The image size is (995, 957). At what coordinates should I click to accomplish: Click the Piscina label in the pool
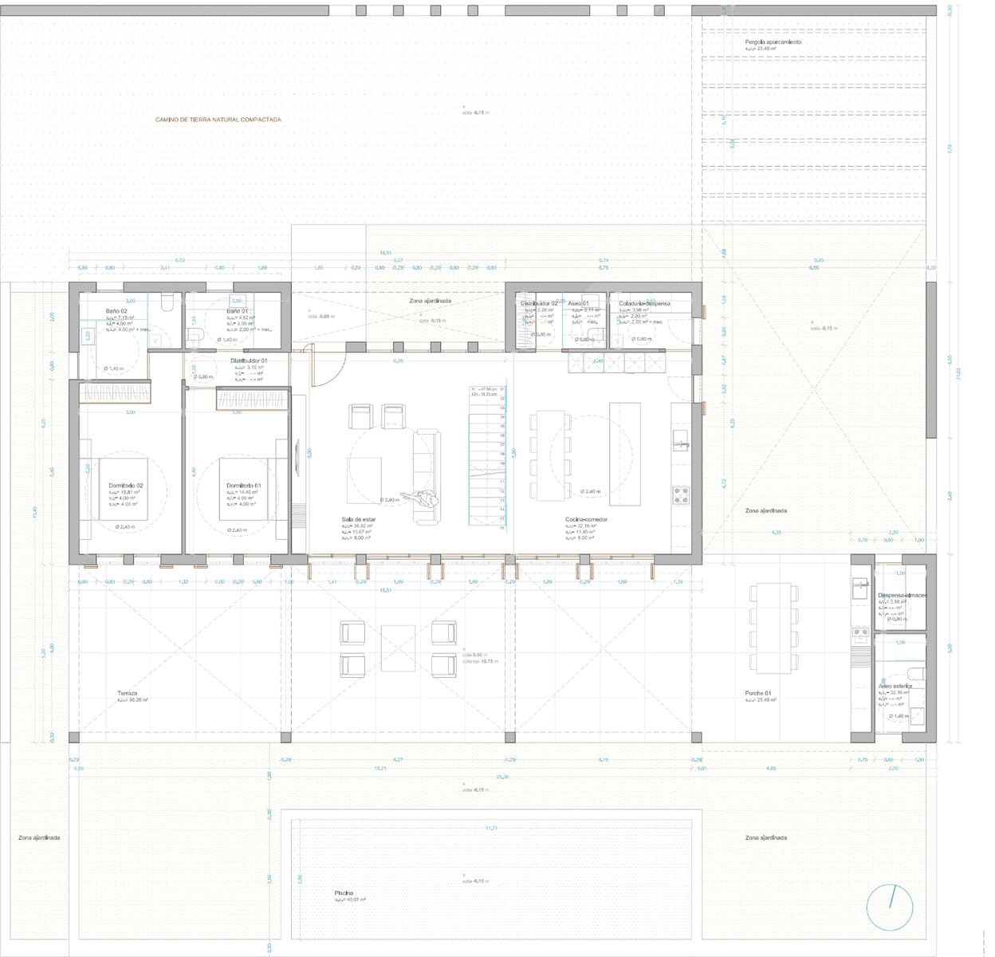(x=344, y=893)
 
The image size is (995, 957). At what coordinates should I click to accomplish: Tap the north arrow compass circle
(x=891, y=907)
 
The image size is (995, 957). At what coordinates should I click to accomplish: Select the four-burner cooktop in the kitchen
(x=681, y=494)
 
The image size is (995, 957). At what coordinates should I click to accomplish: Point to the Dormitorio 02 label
(x=126, y=486)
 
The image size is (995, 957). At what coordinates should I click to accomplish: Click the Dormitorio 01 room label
(x=242, y=486)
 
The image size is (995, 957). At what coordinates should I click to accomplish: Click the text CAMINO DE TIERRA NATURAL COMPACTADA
(x=218, y=120)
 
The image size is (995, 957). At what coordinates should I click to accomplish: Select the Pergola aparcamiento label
(x=773, y=42)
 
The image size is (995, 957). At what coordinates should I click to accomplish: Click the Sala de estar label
(x=359, y=519)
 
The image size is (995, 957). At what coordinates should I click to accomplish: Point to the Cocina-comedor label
(x=586, y=519)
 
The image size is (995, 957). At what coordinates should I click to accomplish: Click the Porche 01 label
(x=758, y=693)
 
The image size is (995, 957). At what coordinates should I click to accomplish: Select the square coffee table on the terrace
(x=398, y=644)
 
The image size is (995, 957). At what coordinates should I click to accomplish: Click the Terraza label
(x=128, y=693)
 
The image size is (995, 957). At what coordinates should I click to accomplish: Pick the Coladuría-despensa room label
(x=644, y=303)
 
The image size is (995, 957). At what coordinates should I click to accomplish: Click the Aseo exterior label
(x=895, y=686)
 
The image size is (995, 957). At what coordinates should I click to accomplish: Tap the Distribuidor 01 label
(x=249, y=360)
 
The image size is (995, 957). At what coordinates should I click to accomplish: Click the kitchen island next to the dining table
(x=625, y=453)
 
